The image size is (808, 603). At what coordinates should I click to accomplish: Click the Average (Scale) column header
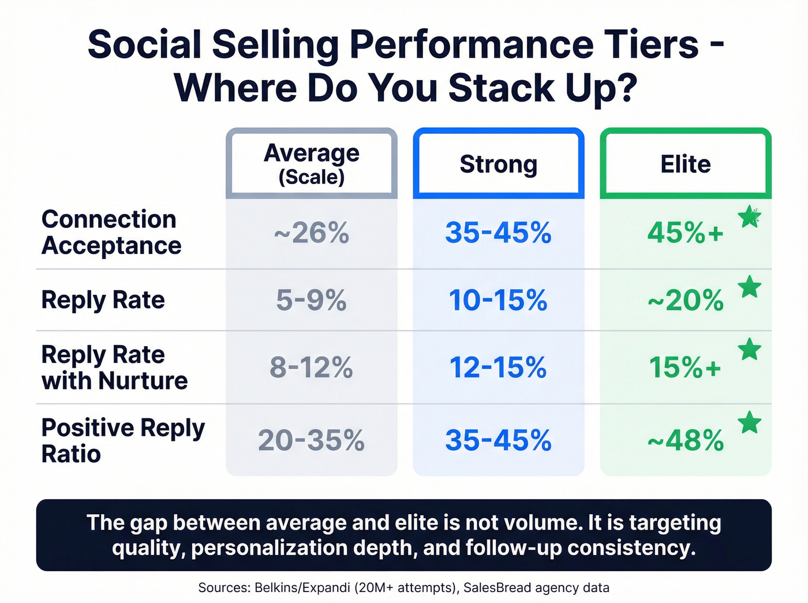[311, 164]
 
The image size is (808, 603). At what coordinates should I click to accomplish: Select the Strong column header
[498, 164]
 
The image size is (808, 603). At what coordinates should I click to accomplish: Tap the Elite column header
[685, 164]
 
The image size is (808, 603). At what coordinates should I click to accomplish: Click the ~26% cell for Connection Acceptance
[311, 233]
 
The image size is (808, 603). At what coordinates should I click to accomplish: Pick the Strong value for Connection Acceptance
[498, 233]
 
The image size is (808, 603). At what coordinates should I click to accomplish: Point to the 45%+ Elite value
[685, 233]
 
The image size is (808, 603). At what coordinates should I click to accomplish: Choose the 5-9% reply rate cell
[311, 300]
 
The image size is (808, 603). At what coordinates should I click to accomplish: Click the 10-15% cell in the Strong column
[498, 300]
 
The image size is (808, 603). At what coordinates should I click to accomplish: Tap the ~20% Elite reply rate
[685, 301]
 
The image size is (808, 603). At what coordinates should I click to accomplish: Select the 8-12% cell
[311, 368]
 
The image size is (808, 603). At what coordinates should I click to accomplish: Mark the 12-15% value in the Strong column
[498, 368]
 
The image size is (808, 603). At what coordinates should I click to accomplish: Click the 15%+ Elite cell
[685, 368]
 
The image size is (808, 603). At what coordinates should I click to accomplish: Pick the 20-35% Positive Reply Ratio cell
[311, 440]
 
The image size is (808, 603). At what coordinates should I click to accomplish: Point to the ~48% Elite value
[685, 441]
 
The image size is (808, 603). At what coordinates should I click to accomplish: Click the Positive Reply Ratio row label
[123, 440]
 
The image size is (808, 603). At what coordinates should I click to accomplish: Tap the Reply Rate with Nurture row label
[114, 368]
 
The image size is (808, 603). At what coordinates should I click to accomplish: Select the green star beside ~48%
[750, 422]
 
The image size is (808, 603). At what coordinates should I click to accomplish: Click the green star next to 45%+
[750, 217]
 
